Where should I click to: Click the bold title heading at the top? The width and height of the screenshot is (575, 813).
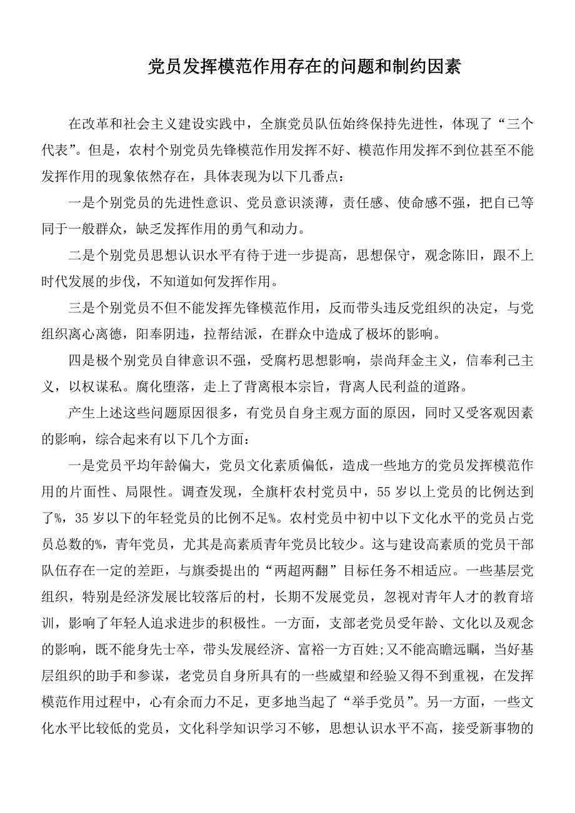click(x=304, y=67)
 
